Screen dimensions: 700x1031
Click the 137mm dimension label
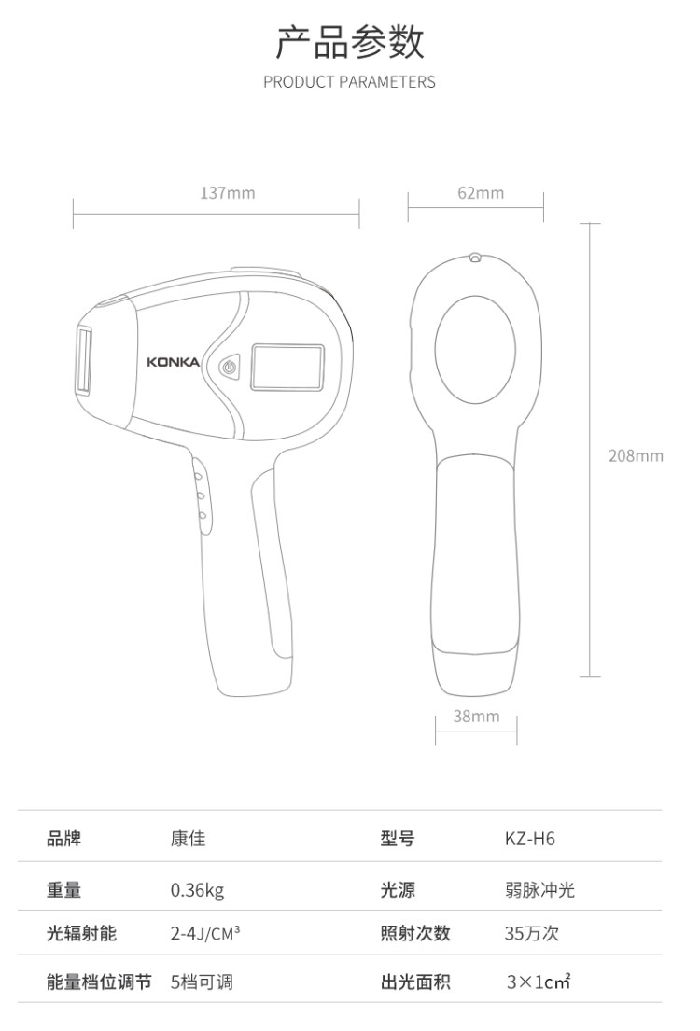227,192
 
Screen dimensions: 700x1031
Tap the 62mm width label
481,192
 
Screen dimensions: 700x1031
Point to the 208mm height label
636,455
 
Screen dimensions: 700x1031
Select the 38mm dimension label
476,716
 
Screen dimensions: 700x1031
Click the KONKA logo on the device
173,362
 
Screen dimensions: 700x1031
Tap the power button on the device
229,367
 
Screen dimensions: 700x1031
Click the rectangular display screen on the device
287,368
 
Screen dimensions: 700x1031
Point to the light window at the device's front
84,359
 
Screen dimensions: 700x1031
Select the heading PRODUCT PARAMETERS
349,82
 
